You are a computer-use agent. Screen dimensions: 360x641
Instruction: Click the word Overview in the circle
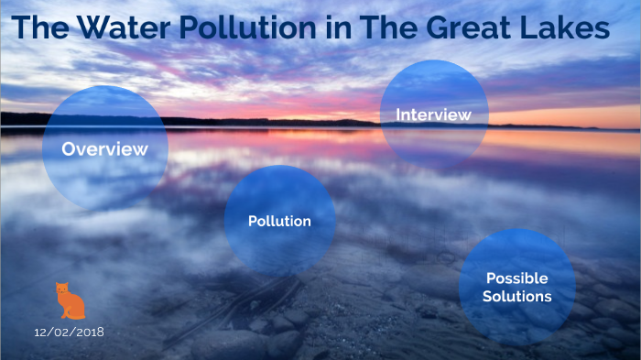click(x=104, y=149)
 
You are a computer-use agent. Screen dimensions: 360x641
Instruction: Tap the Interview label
click(x=433, y=115)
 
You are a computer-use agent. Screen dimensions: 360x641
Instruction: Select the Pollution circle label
click(x=279, y=221)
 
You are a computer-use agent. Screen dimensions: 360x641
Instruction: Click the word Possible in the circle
click(x=516, y=278)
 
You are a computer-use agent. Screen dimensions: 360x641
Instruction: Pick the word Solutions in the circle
click(x=518, y=297)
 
